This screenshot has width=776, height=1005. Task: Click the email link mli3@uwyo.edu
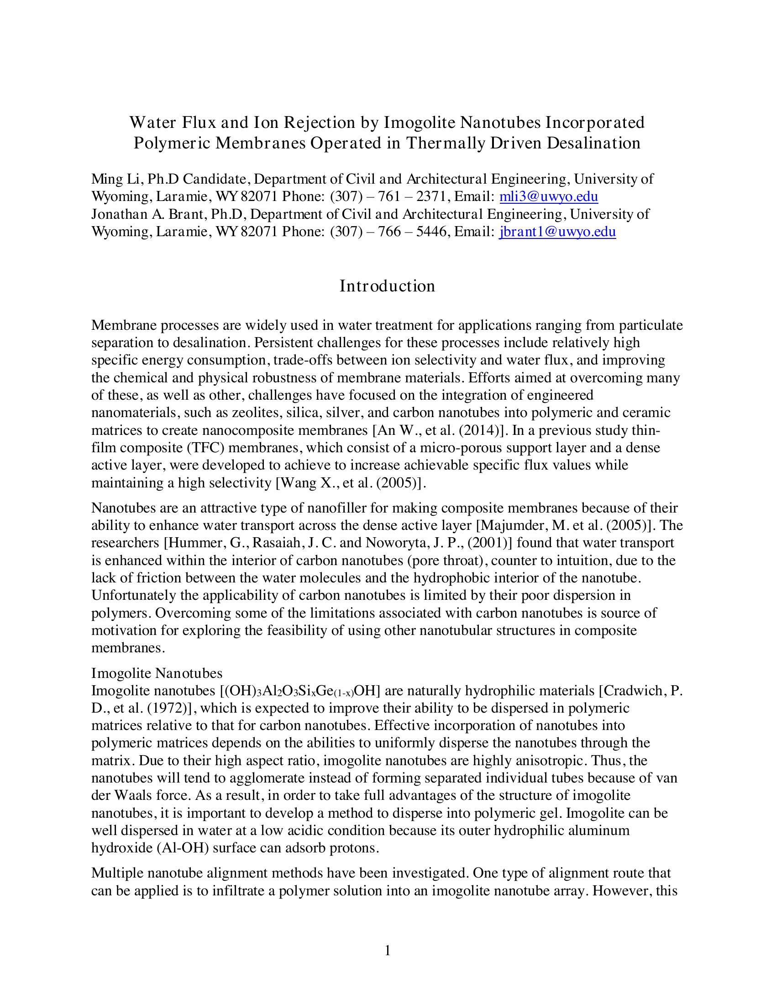(548, 197)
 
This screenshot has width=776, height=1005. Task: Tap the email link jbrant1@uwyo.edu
(557, 232)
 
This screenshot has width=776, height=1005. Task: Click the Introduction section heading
(387, 286)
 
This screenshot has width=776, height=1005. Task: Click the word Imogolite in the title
(419, 123)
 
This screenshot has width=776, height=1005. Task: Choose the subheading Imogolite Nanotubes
(157, 673)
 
